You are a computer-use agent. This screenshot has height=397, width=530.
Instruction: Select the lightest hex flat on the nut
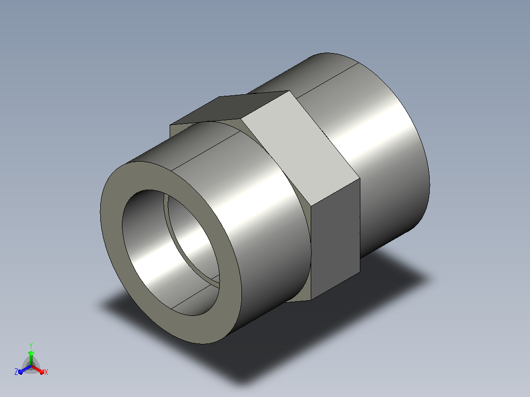[301, 149]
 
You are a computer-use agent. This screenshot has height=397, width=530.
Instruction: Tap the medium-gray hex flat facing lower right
[335, 240]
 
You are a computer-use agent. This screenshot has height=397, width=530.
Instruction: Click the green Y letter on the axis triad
[31, 346]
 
